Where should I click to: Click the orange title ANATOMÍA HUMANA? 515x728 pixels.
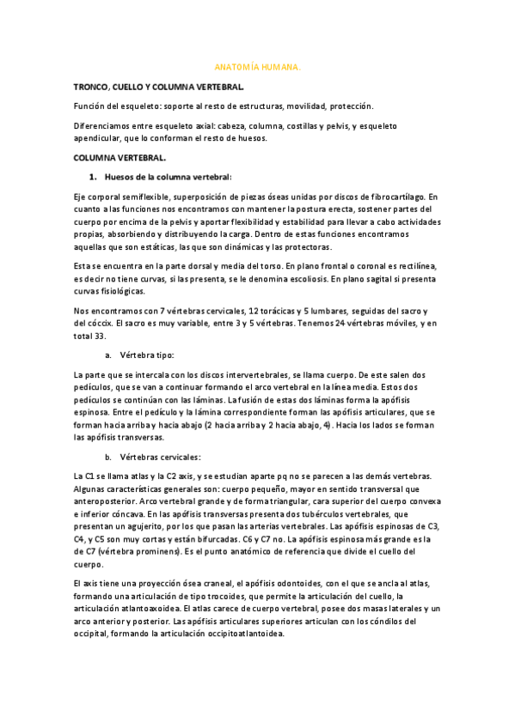257,66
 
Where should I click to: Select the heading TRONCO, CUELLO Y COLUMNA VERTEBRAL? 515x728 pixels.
159,87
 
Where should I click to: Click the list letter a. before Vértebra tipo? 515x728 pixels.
108,355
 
